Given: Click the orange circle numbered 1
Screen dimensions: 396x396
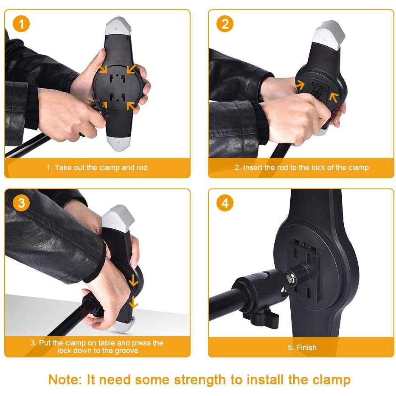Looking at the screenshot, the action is (21, 24).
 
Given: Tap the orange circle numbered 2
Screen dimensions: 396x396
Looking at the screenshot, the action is (225, 24).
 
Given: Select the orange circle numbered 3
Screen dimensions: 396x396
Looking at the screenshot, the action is (21, 203).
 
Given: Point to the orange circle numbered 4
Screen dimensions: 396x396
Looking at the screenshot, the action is (225, 203).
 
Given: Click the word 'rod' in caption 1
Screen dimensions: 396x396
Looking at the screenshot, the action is (142, 168).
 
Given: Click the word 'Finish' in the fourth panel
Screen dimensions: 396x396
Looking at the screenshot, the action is (306, 348).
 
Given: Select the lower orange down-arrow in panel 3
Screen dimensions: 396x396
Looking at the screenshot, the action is (133, 303).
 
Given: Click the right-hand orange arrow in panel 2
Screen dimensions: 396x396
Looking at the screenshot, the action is (334, 97).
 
